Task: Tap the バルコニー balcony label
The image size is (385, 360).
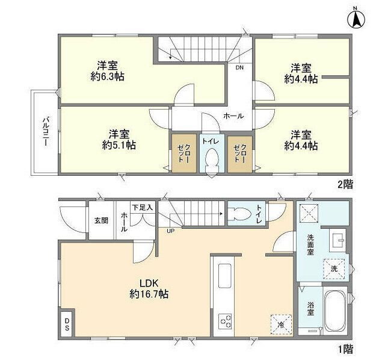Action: click(x=46, y=132)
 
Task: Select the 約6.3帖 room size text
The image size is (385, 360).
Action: click(x=107, y=77)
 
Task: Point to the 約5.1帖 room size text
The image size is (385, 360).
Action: click(x=119, y=145)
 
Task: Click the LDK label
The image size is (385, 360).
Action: click(x=149, y=284)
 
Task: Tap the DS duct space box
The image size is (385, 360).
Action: click(x=67, y=324)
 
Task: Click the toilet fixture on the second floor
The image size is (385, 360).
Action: click(x=212, y=161)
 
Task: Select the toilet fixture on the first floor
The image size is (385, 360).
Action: click(x=239, y=213)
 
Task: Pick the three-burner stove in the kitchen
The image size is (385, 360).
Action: click(x=225, y=322)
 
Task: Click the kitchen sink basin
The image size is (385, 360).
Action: click(x=225, y=276)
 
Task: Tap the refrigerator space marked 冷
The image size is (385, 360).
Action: click(x=281, y=324)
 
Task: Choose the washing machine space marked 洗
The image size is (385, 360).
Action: click(x=334, y=269)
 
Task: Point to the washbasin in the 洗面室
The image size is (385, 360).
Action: click(x=337, y=240)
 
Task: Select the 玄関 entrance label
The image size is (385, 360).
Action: click(x=101, y=221)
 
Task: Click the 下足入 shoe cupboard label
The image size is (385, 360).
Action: click(x=143, y=208)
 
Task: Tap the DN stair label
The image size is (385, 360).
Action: click(x=239, y=67)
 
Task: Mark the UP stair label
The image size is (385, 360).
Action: click(x=170, y=231)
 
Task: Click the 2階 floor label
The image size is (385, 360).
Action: click(x=345, y=185)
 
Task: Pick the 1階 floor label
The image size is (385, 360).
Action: click(x=345, y=349)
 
